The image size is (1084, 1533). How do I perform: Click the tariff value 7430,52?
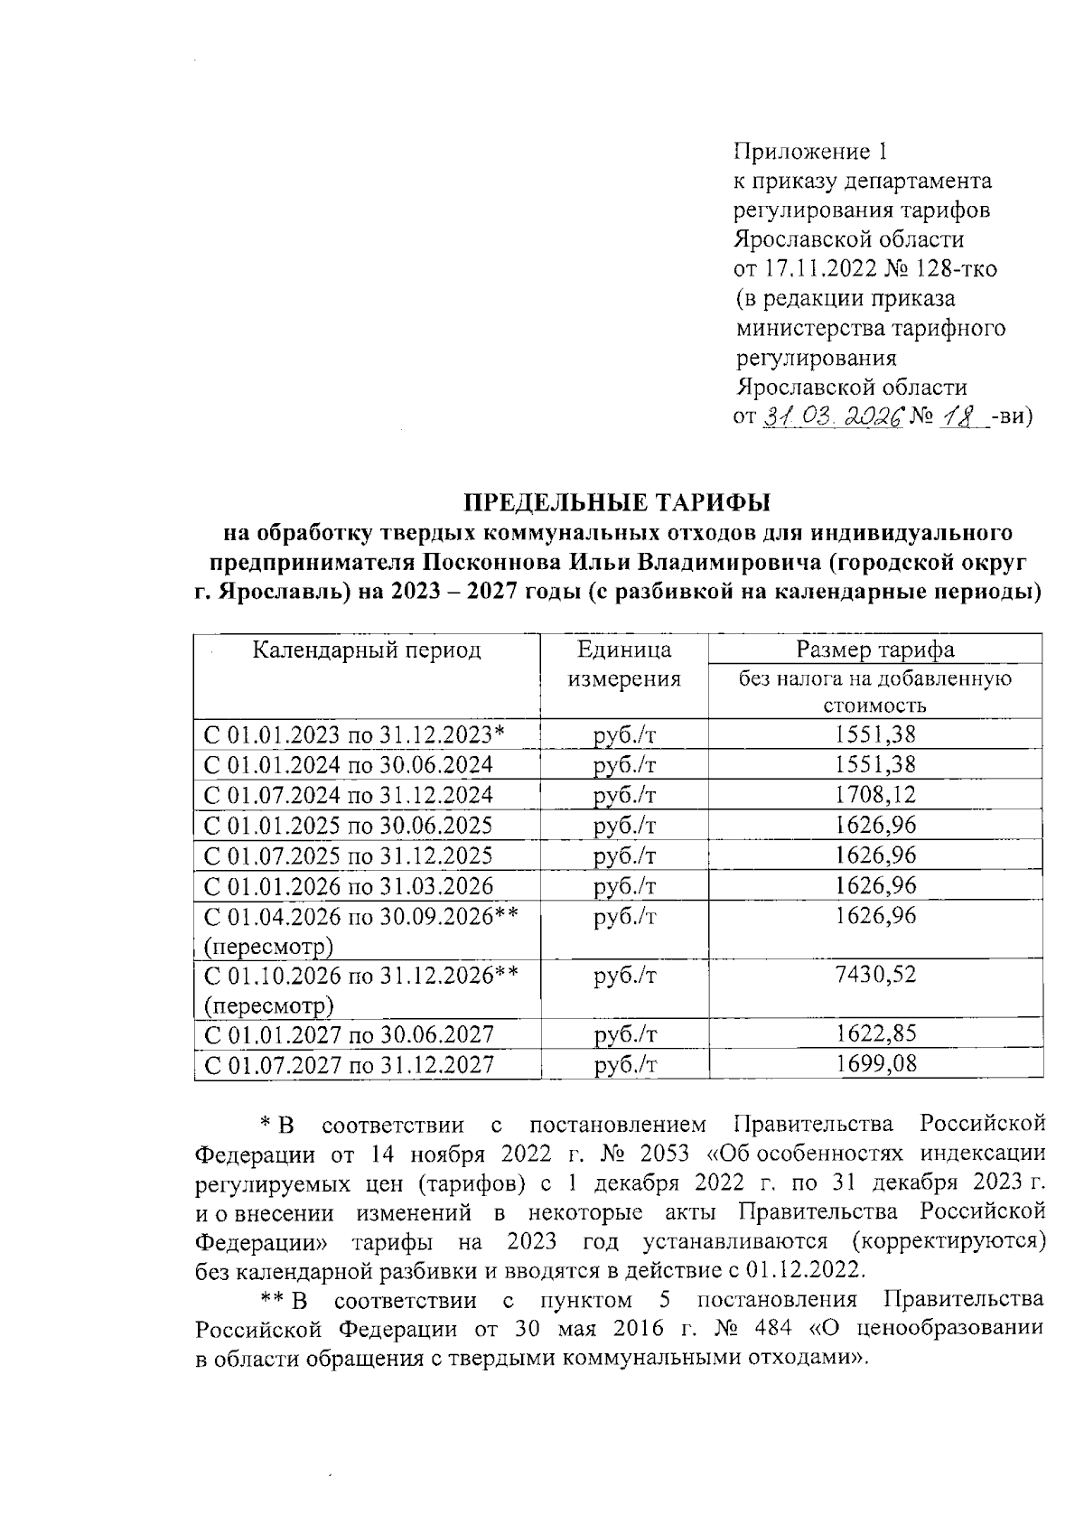click(874, 975)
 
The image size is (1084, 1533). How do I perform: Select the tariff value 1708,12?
click(874, 795)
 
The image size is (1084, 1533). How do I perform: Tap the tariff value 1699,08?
click(874, 1064)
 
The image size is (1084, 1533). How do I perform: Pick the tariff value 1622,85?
click(874, 1034)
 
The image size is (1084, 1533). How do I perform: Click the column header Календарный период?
click(366, 650)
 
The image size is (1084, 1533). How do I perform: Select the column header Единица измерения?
click(623, 665)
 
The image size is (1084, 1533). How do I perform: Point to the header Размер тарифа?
click(874, 650)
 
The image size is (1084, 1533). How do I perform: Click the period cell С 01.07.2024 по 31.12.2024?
click(349, 795)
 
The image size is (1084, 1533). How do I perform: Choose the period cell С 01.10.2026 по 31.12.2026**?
click(360, 975)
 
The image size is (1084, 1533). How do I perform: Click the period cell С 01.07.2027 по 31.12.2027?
click(349, 1064)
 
